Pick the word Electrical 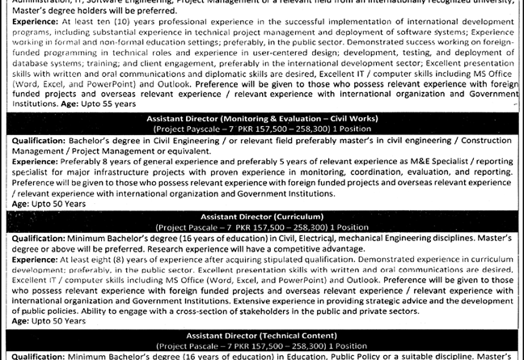[x=312, y=239]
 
